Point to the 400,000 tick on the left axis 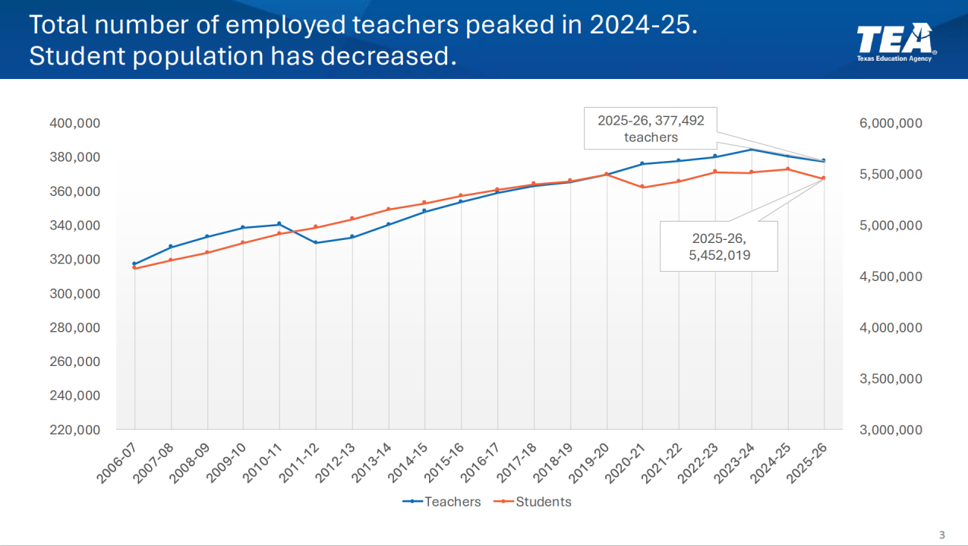pos(74,123)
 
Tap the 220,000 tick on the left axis pos(74,430)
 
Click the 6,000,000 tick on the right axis pos(891,123)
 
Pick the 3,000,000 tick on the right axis pos(891,430)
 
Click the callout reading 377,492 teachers pos(651,128)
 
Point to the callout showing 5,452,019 pos(719,246)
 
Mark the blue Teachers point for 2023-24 pos(752,150)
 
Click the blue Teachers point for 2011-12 pos(316,242)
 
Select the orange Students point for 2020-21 pos(642,187)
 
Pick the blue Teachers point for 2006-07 pos(134,264)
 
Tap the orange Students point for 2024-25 pos(788,169)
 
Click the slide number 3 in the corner pos(942,535)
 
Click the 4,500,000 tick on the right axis pos(891,276)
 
